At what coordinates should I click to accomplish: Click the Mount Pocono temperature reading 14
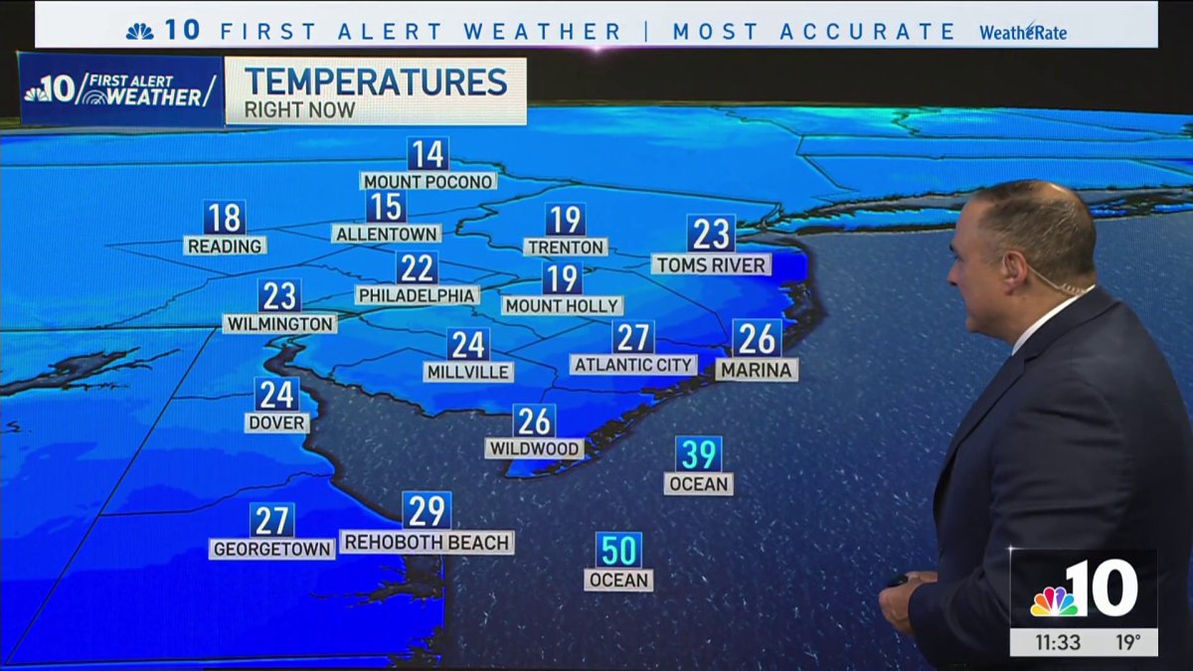tap(427, 155)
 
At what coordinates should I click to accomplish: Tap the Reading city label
tap(224, 246)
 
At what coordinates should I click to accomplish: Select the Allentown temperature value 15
tap(386, 207)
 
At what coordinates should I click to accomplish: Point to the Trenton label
tap(565, 247)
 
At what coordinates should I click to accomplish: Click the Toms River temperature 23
tap(711, 235)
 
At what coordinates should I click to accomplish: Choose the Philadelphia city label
tap(417, 295)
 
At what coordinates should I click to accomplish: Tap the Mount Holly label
tap(562, 306)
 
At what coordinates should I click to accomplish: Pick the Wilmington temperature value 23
tap(279, 296)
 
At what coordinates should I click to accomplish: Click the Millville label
tap(467, 372)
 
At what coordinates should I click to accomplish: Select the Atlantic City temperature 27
tap(633, 338)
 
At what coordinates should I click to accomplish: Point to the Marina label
tap(757, 370)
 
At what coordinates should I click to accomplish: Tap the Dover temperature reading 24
tap(276, 395)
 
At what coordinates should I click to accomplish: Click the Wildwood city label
tap(534, 448)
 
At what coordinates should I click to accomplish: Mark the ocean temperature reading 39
tap(698, 454)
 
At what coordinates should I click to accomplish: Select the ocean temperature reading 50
tap(618, 550)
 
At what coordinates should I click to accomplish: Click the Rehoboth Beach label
tap(426, 543)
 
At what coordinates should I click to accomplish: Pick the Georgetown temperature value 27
tap(271, 520)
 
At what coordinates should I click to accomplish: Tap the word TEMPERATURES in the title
tap(376, 82)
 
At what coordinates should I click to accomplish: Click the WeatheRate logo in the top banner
tap(1023, 32)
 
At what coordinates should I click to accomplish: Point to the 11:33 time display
tap(1056, 642)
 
